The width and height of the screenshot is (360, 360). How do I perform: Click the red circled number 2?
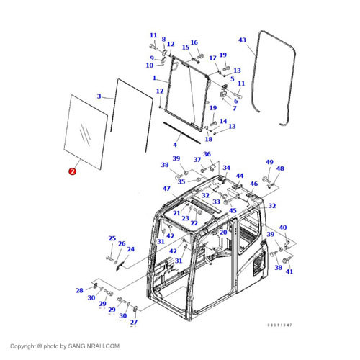pos(71,171)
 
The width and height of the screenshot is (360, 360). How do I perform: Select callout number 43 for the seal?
pos(242,40)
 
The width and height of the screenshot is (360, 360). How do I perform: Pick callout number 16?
pos(194,42)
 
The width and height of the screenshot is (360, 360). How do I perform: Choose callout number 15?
pos(185,48)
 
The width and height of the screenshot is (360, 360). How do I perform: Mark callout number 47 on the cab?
pos(166,188)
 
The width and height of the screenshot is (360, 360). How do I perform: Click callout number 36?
pos(207,154)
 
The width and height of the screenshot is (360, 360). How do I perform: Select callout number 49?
pos(269,163)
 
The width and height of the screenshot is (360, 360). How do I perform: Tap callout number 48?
pos(280,169)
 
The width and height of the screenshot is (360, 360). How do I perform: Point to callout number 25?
pos(112,238)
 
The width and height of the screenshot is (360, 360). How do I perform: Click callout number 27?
pos(133,322)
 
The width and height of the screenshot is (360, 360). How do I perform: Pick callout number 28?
pos(79,290)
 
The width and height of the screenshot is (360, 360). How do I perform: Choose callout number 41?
pos(289,271)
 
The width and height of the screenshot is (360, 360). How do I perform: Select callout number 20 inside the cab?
pos(223,233)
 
